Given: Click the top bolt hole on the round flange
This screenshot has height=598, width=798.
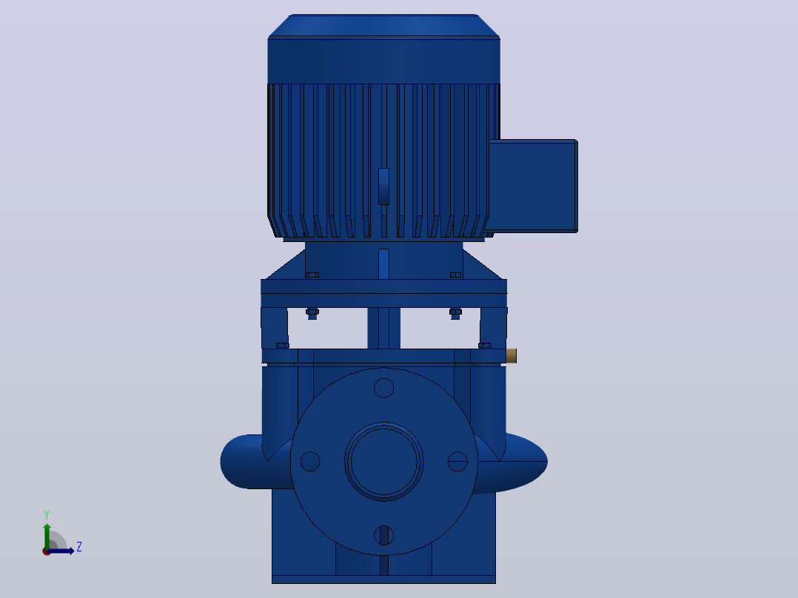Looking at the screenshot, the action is [383, 388].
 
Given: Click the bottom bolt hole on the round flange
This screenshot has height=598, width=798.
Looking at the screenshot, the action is [383, 535].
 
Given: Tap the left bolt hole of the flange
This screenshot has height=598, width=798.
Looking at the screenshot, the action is [310, 462].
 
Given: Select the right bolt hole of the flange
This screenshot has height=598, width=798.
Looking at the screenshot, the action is [457, 462].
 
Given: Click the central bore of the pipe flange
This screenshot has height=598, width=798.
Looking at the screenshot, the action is [383, 462].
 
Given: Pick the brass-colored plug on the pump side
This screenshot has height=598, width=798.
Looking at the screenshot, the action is [512, 356].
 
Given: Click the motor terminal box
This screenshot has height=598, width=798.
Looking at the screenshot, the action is [533, 187].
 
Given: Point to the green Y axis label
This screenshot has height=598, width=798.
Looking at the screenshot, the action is [47, 515].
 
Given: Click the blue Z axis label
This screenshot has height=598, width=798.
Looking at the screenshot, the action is [79, 547].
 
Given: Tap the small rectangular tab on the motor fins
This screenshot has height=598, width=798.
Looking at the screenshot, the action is [383, 187].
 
